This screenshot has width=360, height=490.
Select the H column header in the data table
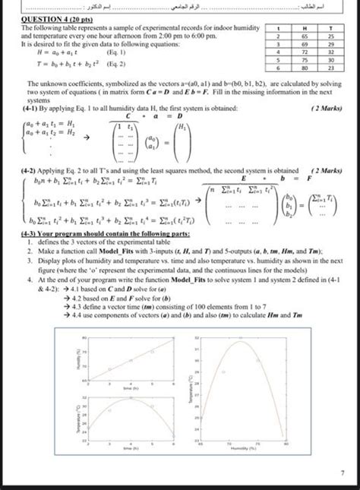coord(304,27)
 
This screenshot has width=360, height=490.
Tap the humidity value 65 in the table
coord(304,36)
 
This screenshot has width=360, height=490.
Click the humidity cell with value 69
coord(304,44)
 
